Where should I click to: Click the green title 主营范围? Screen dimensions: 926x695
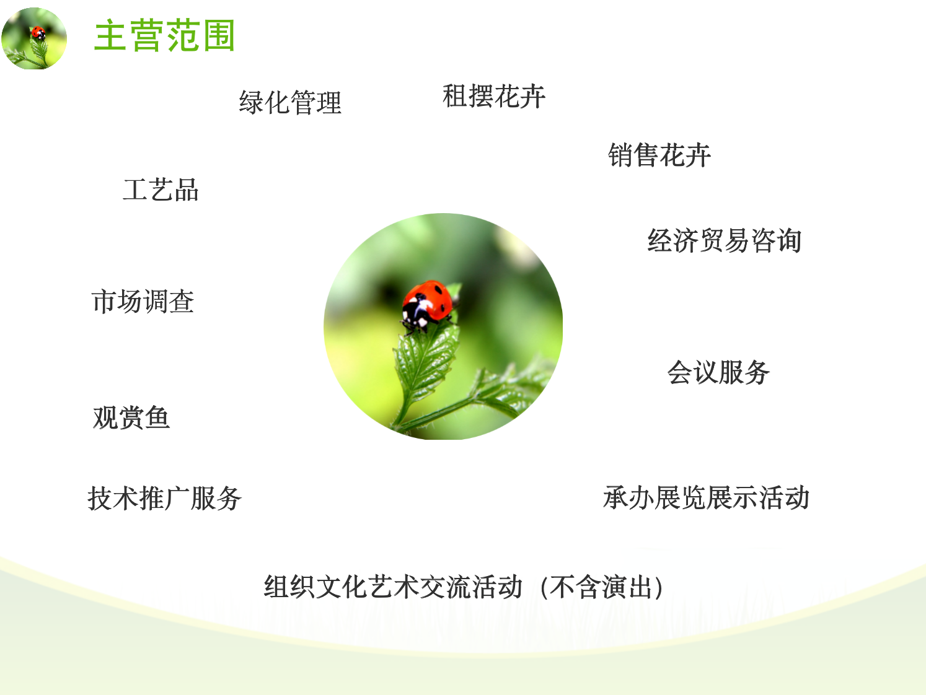164,35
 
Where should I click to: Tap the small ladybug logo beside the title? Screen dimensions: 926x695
33,38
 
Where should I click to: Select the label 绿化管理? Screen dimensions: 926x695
290,102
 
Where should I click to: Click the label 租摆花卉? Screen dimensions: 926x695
493,96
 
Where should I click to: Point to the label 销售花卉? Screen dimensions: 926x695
659,155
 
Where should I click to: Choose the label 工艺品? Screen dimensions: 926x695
161,190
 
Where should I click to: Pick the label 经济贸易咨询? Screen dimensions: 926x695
725,241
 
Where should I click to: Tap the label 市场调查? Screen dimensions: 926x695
143,301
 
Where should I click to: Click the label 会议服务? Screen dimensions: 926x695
718,372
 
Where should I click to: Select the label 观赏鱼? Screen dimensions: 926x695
131,417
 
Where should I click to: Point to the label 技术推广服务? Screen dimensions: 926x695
164,498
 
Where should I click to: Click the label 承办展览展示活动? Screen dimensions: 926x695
706,497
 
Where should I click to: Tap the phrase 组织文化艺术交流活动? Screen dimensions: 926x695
393,587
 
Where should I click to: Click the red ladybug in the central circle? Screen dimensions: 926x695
427,305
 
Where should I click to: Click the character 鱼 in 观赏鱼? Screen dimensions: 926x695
157,417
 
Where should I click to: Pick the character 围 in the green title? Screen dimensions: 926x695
219,35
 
